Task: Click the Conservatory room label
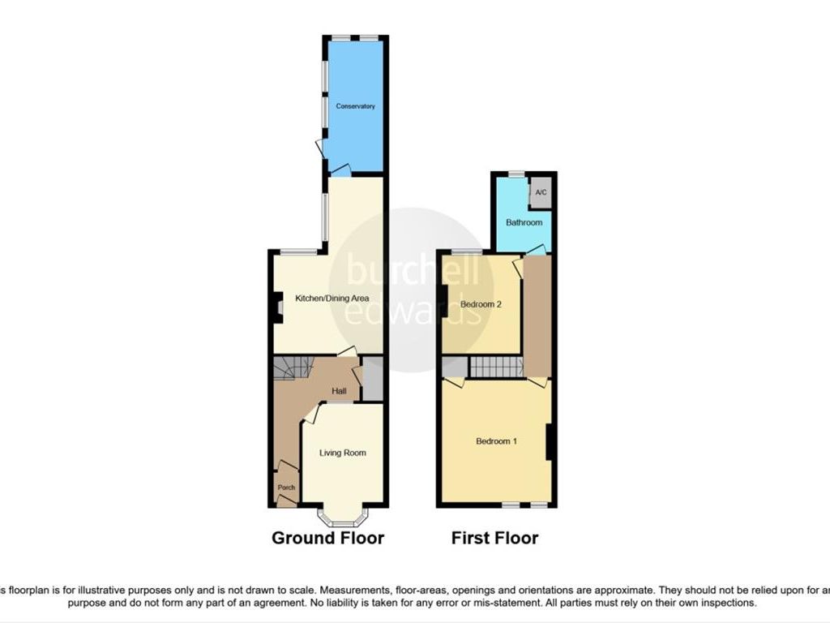click(x=356, y=106)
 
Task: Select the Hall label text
click(x=339, y=392)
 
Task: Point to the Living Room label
click(x=342, y=453)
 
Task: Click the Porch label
click(x=286, y=488)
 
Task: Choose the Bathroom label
click(x=524, y=222)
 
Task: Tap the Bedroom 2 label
click(x=477, y=304)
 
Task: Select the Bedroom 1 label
click(x=496, y=441)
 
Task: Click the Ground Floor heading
click(x=327, y=538)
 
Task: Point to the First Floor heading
click(x=494, y=538)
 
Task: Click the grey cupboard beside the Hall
click(x=373, y=379)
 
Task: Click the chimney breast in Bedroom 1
click(x=550, y=442)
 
